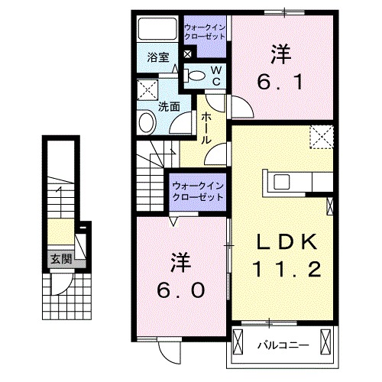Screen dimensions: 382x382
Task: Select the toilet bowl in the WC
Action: coord(196,75)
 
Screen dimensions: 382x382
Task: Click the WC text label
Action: coord(216,75)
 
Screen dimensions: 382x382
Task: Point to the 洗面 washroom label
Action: coord(169,108)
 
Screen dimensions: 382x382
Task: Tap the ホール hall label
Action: coord(207,129)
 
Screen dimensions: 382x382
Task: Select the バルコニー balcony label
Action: coord(283,345)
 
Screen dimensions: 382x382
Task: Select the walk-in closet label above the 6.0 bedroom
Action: coord(196,191)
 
